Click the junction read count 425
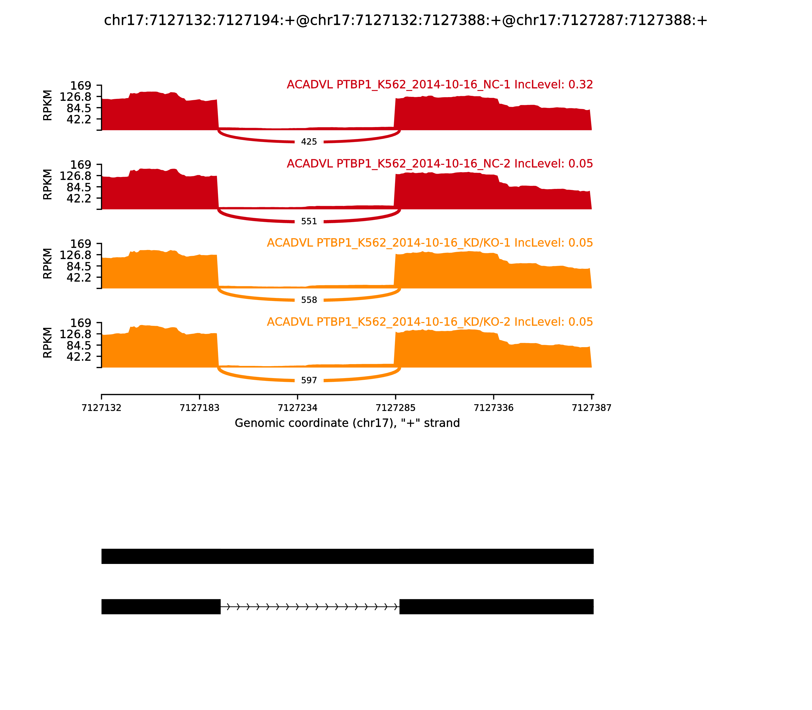click(x=309, y=142)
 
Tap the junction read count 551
click(x=309, y=221)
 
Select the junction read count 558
click(x=309, y=300)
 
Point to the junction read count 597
click(x=309, y=380)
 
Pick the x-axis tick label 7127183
click(x=199, y=408)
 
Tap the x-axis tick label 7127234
click(x=297, y=408)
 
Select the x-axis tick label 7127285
click(x=395, y=408)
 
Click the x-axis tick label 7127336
click(x=494, y=408)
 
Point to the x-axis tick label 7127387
click(x=591, y=408)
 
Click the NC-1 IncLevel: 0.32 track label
click(x=440, y=85)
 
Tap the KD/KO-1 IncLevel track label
click(x=430, y=243)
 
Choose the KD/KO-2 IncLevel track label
click(x=430, y=322)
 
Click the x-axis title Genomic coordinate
click(x=347, y=423)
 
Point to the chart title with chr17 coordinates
click(x=405, y=21)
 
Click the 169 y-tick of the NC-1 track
click(x=81, y=86)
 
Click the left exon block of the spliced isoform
click(x=161, y=607)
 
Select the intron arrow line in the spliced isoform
click(x=310, y=607)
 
